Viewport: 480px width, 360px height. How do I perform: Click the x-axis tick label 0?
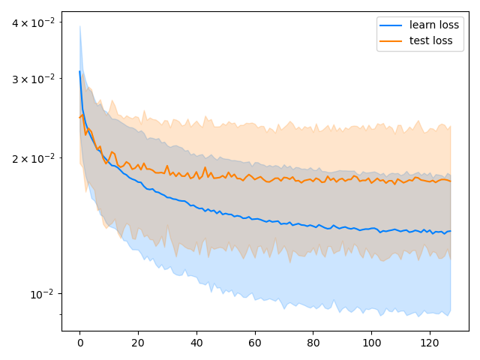point(79,343)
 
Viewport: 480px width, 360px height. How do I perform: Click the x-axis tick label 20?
point(138,343)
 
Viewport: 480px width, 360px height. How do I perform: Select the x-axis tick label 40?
point(196,343)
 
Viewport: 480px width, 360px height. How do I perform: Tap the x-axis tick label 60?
point(255,343)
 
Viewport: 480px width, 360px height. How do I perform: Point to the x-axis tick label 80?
point(313,343)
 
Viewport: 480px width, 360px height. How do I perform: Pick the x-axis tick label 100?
point(371,343)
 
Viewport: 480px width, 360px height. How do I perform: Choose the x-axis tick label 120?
point(430,343)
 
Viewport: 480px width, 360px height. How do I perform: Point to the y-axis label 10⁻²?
point(42,293)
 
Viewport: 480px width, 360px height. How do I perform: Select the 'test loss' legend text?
point(431,41)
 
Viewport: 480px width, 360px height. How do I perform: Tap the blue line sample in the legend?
point(392,25)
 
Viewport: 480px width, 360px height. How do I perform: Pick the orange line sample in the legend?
point(392,41)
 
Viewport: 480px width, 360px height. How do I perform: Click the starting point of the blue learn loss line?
point(79,71)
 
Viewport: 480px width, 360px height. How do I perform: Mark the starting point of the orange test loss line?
point(79,117)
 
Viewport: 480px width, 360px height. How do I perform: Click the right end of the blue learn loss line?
point(450,231)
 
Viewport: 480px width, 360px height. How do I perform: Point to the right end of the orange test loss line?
point(450,181)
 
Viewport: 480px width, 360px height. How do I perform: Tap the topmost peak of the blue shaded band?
point(79,25)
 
